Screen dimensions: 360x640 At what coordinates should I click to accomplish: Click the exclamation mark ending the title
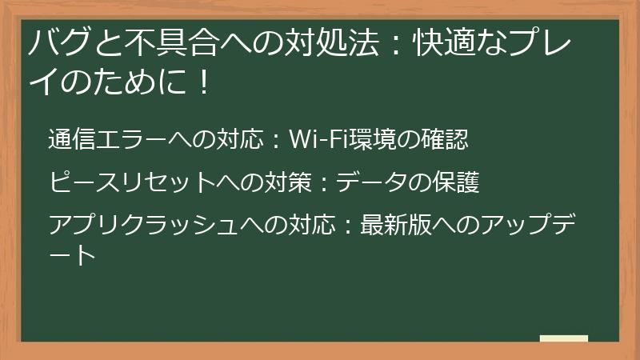coord(203,82)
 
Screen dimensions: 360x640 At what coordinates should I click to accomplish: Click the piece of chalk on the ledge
coord(563,338)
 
